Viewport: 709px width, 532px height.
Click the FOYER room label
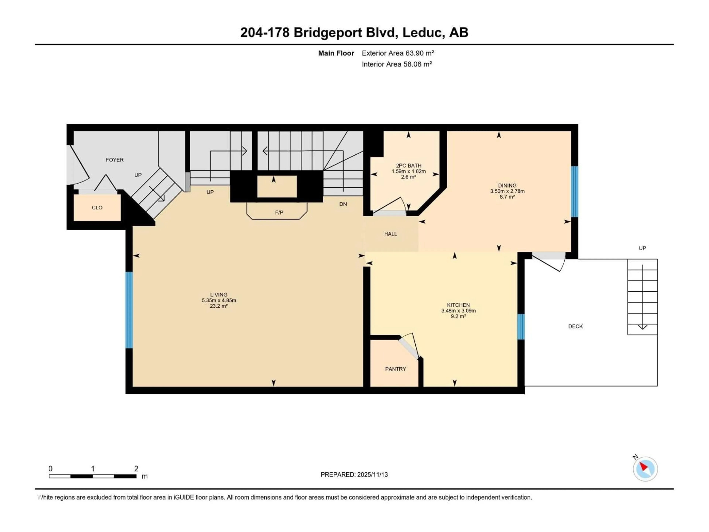coord(114,160)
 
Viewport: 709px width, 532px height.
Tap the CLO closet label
coord(97,207)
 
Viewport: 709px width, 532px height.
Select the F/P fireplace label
coord(279,212)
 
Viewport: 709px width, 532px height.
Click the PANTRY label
coord(395,369)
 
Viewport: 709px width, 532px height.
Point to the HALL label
coord(390,234)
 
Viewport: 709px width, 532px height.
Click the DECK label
coord(575,326)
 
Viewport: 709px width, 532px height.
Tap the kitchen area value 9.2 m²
coord(458,316)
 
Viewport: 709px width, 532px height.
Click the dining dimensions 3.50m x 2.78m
coord(507,191)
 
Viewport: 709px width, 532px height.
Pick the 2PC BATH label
coord(408,166)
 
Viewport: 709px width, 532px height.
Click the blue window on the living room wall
coord(129,310)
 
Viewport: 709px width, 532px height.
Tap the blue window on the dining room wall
coord(574,191)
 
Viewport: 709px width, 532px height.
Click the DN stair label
coord(343,204)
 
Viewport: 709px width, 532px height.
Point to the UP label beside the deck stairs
coord(642,248)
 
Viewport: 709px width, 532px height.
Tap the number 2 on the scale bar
coord(136,468)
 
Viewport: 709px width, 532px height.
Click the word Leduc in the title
coord(423,32)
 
